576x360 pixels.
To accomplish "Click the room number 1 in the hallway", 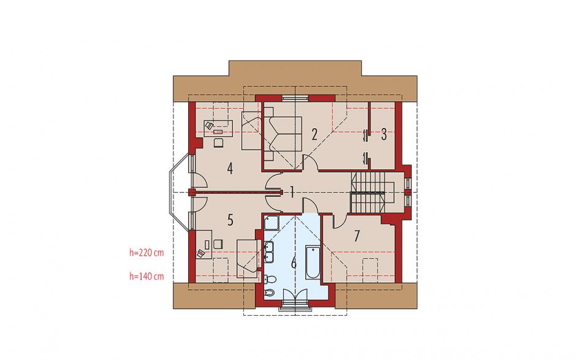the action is coord(292,193).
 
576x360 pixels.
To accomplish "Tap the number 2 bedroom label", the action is coord(314,134).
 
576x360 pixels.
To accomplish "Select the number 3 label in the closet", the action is coord(384,134).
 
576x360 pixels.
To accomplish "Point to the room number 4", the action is coord(230,169).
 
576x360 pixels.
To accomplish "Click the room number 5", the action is coord(230,220).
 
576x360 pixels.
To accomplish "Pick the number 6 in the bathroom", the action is coord(294,263).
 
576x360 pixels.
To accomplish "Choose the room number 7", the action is coord(357,236).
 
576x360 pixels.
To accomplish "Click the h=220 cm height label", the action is coord(146,253).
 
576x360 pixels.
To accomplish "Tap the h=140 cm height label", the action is coord(146,276).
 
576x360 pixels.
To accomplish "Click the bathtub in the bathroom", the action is coord(313,262).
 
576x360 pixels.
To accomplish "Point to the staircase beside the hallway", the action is coord(368,193).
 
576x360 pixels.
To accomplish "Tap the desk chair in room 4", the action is coord(219,142).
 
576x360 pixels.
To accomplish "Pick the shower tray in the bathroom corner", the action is coord(271,223).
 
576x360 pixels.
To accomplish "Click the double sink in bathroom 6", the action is coord(268,252).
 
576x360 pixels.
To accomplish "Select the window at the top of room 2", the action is coord(295,98).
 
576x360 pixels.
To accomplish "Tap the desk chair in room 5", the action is coord(218,244).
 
